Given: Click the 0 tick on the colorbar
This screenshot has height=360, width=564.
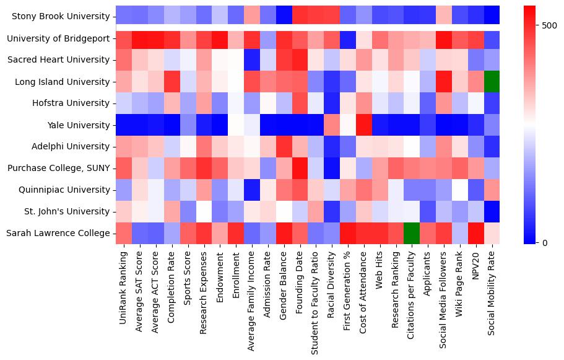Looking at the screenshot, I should [x=544, y=242].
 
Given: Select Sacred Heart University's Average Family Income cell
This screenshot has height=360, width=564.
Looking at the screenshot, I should [x=251, y=60].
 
